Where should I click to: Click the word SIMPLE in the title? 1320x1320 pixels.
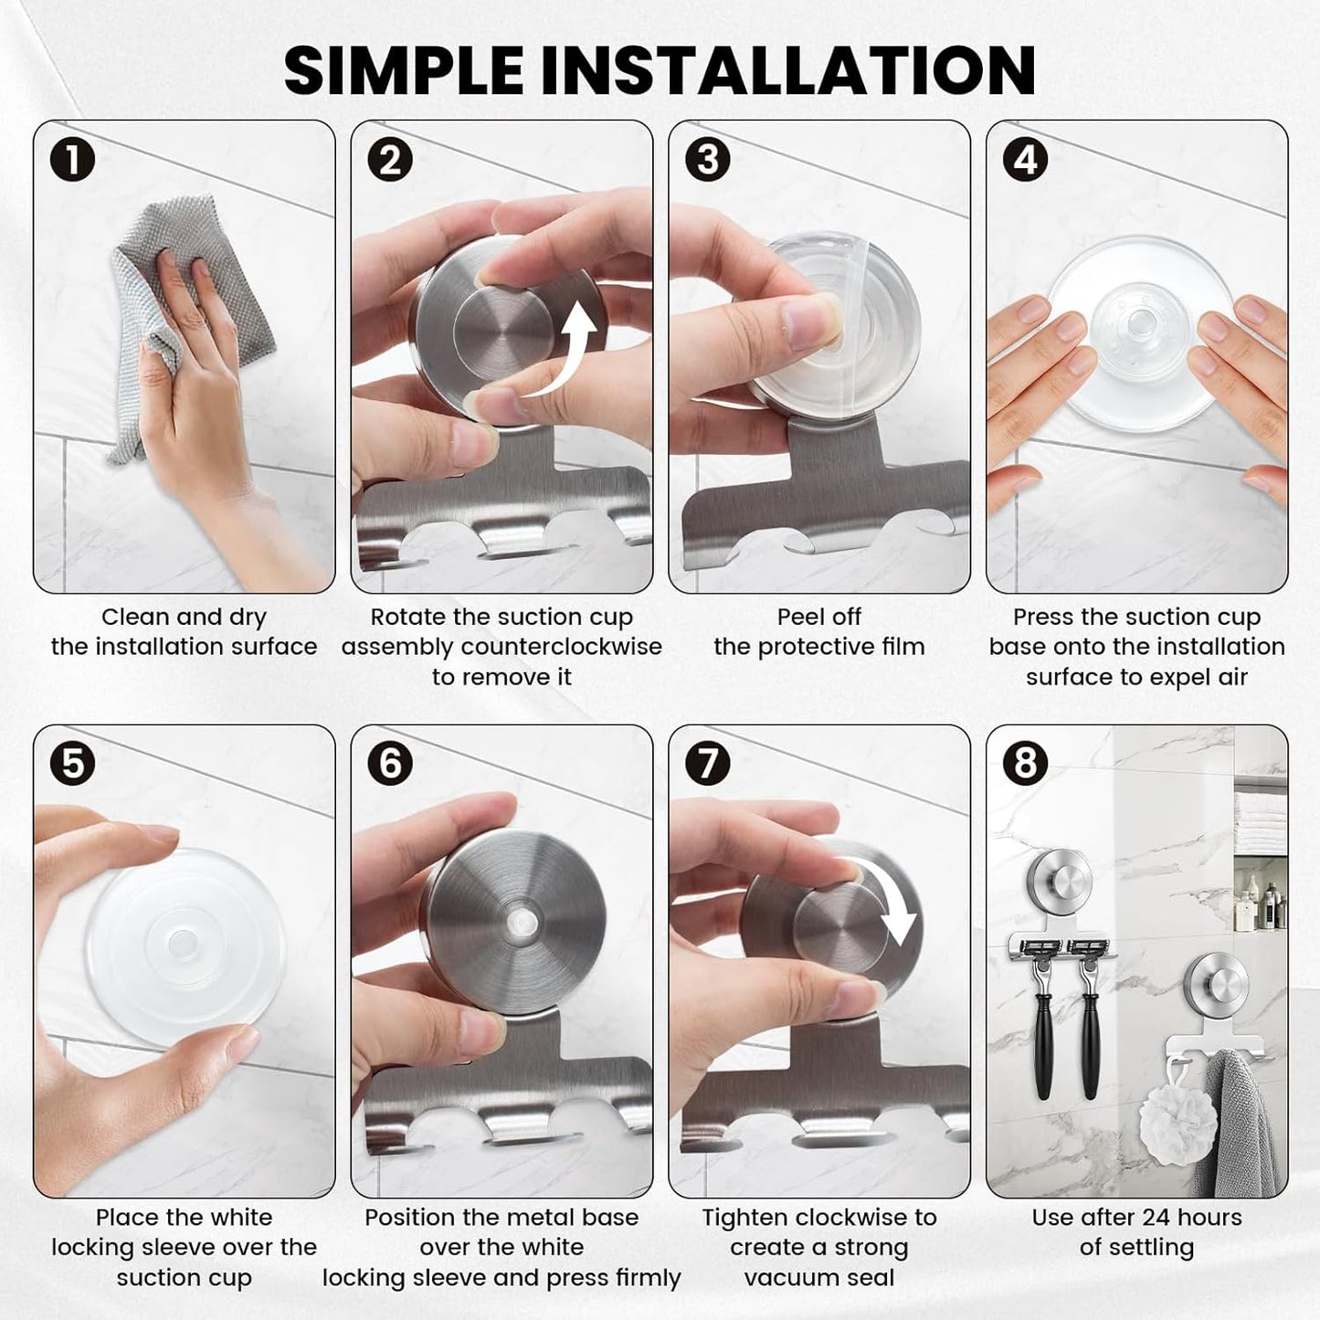click(x=404, y=69)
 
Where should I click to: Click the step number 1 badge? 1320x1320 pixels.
click(x=72, y=159)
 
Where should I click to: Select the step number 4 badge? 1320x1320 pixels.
click(x=1025, y=159)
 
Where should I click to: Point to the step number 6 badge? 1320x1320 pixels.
click(x=390, y=763)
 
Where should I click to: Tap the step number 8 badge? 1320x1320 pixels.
click(x=1025, y=763)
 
